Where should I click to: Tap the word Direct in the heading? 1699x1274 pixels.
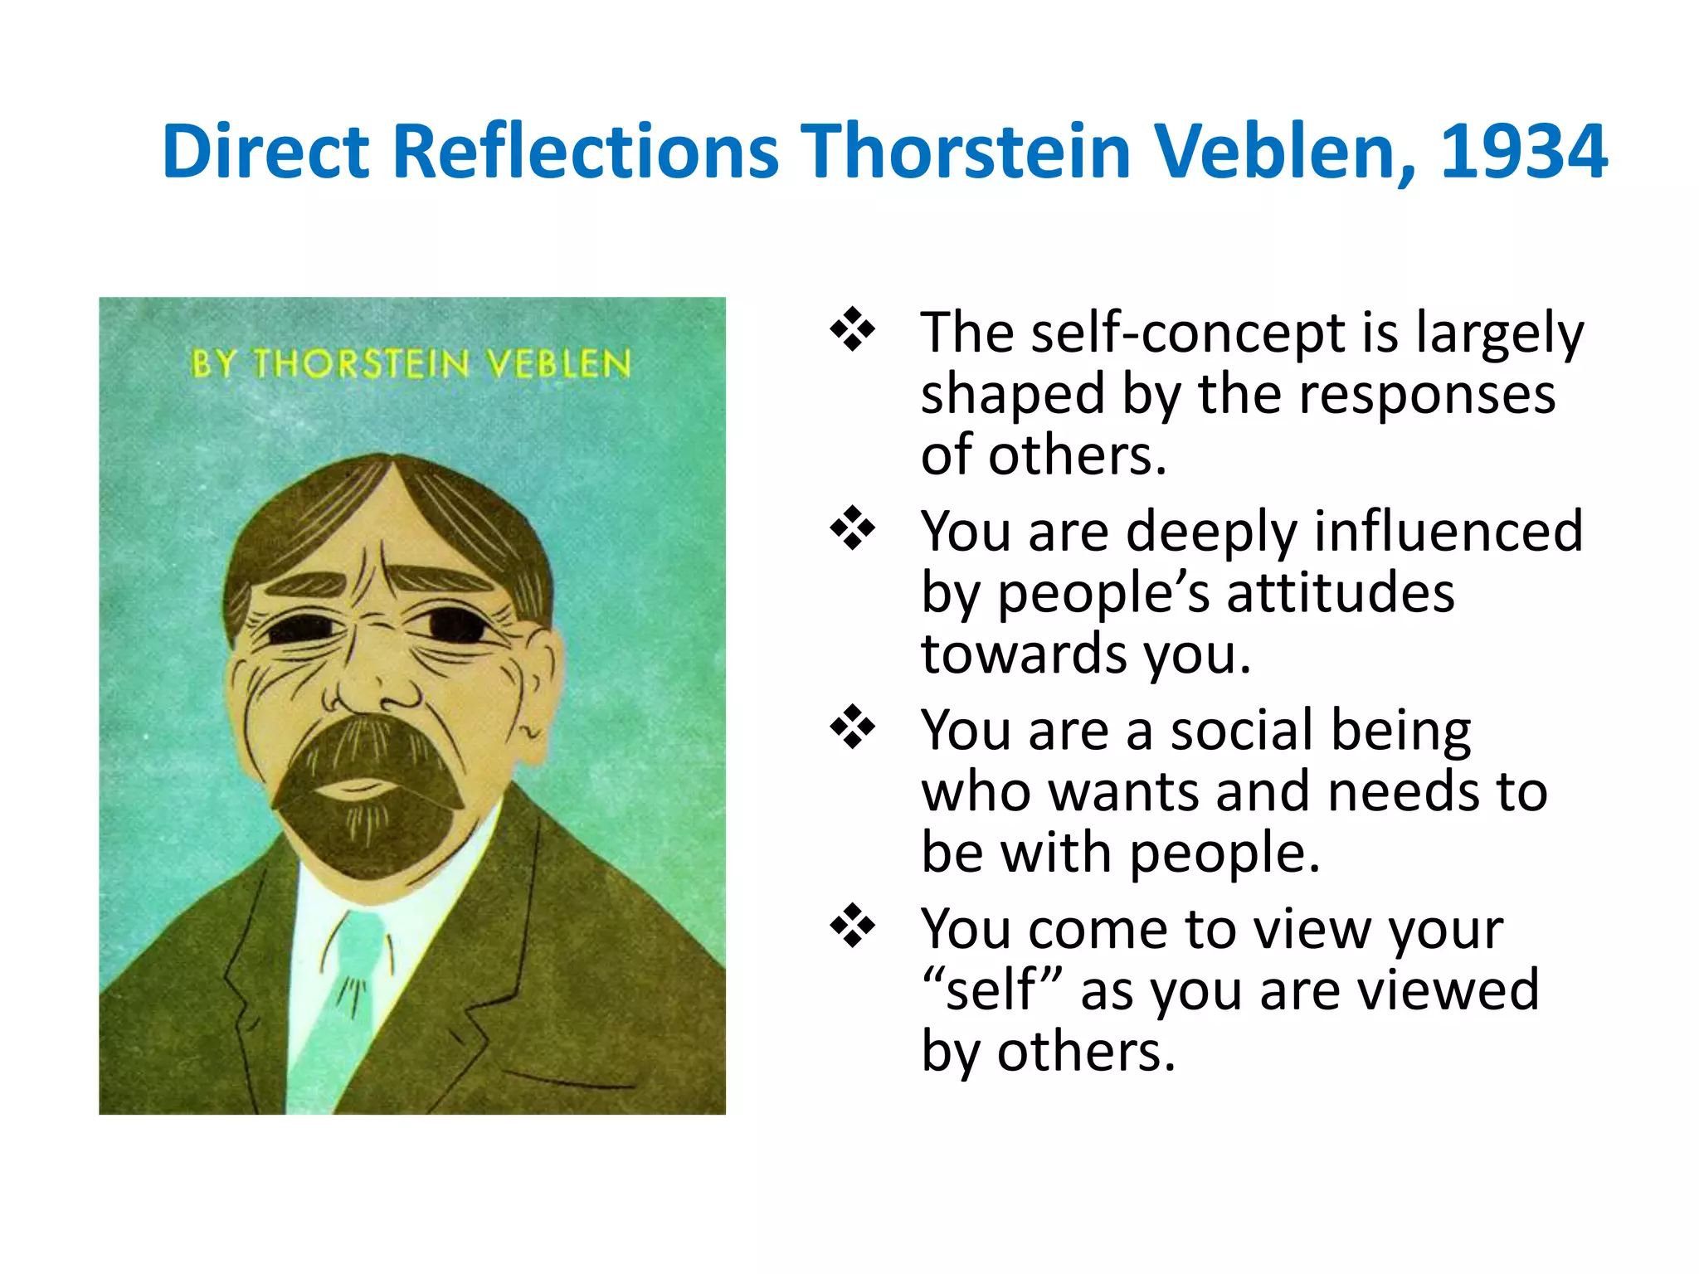coord(265,152)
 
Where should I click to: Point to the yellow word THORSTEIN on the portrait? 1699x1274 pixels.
coord(361,365)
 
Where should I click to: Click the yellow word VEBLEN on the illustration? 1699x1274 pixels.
coord(558,365)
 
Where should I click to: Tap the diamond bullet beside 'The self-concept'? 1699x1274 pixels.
coord(852,330)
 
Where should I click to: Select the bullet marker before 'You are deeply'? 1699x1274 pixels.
coord(852,528)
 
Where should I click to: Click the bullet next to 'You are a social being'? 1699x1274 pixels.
coord(852,727)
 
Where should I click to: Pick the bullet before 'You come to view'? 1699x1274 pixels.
coord(852,926)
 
